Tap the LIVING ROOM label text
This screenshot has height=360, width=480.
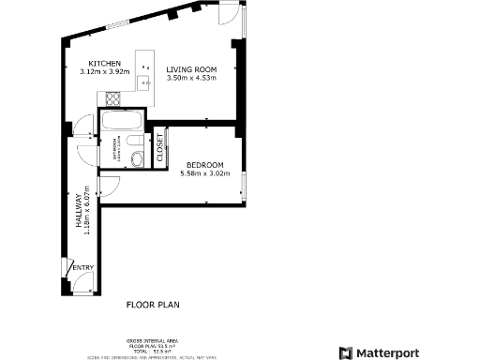[x=192, y=69]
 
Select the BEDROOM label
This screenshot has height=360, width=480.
[x=204, y=164]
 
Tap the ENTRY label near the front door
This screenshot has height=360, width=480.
[x=82, y=268]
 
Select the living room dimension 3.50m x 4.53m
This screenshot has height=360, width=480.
[x=192, y=78]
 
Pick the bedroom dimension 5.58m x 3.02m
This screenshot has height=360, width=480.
[x=204, y=172]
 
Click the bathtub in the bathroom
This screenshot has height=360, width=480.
[x=122, y=121]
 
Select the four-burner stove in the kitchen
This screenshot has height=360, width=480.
[x=114, y=97]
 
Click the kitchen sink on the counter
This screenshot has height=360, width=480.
[x=145, y=82]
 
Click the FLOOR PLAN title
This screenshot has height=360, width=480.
[x=153, y=305]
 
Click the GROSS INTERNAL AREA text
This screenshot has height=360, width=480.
[x=153, y=339]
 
